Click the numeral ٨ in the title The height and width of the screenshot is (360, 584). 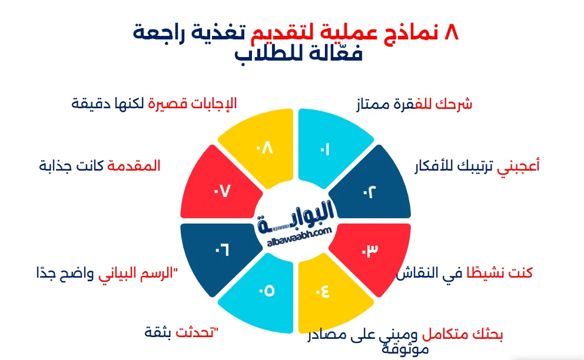449,32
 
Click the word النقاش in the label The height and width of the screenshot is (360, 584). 419,274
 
